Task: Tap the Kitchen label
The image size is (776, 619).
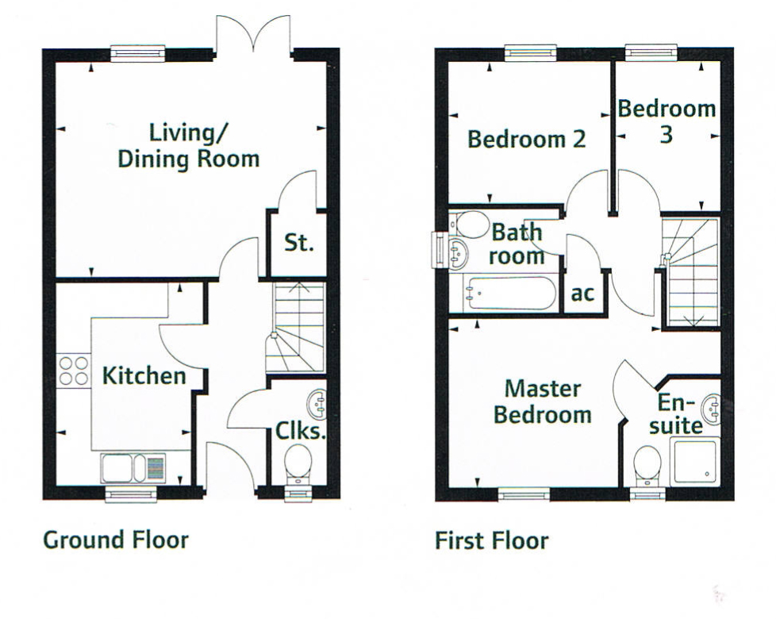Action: (x=144, y=375)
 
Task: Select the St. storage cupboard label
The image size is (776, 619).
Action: (x=299, y=243)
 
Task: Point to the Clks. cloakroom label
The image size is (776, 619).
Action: (x=301, y=432)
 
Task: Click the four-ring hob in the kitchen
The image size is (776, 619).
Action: (x=73, y=371)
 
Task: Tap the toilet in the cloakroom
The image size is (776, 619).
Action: (x=299, y=462)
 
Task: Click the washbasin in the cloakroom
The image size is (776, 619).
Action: (x=317, y=404)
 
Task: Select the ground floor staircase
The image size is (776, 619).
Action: (x=299, y=326)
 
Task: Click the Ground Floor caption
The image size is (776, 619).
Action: (x=116, y=541)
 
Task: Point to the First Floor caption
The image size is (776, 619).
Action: (x=491, y=541)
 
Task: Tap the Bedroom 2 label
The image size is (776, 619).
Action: (x=526, y=140)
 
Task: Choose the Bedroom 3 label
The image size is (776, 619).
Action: (x=667, y=121)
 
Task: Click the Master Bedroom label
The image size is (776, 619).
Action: (x=543, y=402)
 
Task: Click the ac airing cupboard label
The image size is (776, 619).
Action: (x=582, y=294)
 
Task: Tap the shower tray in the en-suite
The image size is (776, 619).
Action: (x=696, y=461)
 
